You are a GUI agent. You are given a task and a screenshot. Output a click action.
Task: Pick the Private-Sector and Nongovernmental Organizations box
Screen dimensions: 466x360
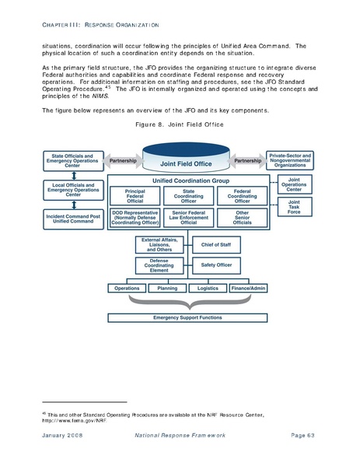coord(289,160)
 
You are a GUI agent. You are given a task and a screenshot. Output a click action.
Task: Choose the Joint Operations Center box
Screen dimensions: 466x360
coord(294,185)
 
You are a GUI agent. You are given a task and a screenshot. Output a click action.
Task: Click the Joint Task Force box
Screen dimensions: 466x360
coord(294,206)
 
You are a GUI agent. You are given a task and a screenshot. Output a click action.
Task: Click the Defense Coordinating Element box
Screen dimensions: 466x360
coord(160,265)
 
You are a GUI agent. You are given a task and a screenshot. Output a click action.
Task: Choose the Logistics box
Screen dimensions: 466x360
coord(208,288)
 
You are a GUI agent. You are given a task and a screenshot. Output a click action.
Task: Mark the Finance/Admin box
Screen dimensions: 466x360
coord(248,288)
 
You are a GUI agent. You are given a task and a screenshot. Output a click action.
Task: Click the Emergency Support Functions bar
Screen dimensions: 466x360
coord(187,318)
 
